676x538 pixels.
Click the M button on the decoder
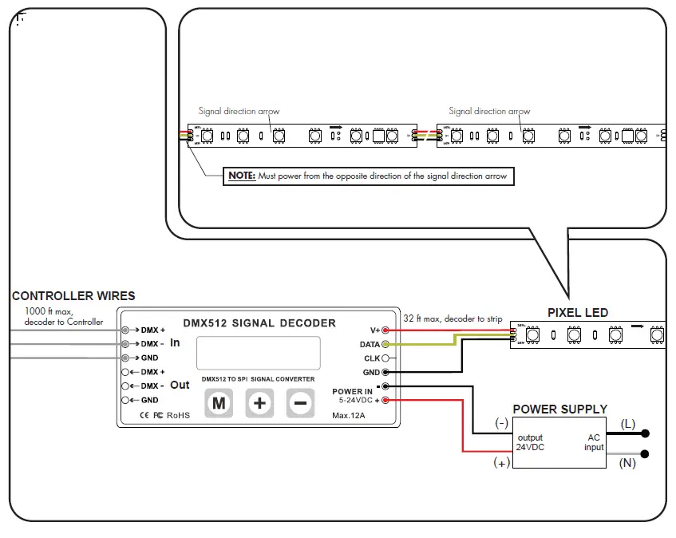tap(219, 403)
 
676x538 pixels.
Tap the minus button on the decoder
tap(299, 403)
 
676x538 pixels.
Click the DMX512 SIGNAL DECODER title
tap(259, 323)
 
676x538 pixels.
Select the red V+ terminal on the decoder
tap(385, 330)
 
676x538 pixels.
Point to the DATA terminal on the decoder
tap(385, 344)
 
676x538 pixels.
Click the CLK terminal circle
tap(385, 358)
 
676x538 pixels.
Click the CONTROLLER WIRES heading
tap(73, 296)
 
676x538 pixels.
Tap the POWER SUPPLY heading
tap(559, 409)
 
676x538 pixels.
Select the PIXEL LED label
tap(577, 313)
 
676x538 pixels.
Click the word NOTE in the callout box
tap(241, 176)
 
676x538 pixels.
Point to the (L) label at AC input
tap(627, 424)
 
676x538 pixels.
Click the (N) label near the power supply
tap(627, 463)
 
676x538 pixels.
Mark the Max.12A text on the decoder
tap(349, 416)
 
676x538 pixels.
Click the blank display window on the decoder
tap(259, 352)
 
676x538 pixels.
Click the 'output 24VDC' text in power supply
tap(530, 442)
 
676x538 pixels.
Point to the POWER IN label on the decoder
tap(352, 391)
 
